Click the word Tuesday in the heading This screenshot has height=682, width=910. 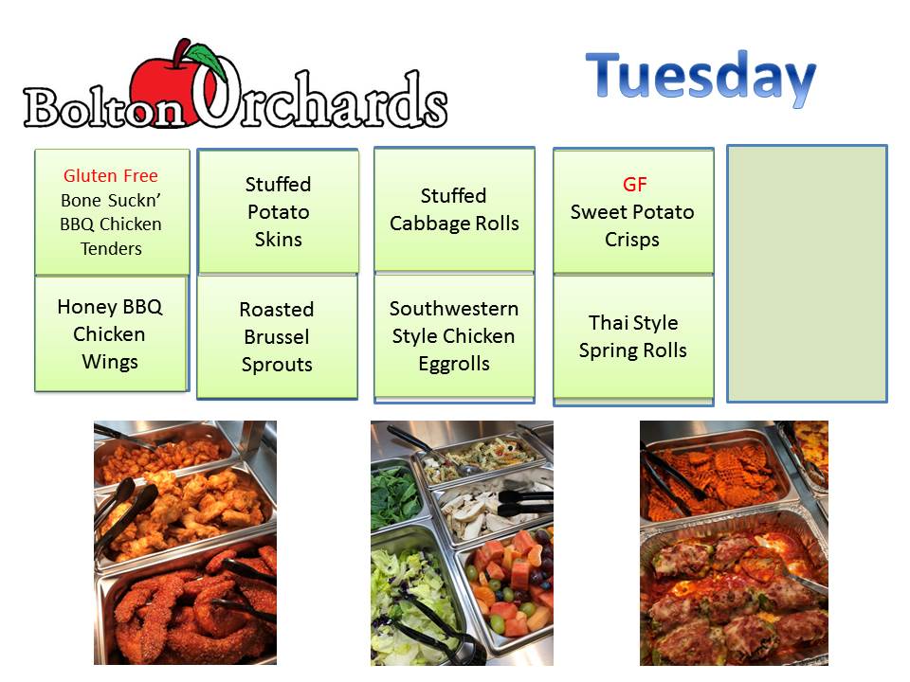click(701, 77)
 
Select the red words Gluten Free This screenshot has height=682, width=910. click(110, 175)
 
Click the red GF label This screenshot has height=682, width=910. click(634, 185)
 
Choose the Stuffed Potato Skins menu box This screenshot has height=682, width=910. click(278, 211)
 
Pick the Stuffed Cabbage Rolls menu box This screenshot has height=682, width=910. click(454, 209)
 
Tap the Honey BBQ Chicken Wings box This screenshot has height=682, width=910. click(111, 333)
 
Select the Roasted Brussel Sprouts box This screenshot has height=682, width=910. click(277, 336)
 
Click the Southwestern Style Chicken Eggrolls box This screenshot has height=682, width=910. click(454, 336)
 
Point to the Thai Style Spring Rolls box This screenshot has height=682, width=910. click(633, 337)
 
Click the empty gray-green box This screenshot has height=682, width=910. click(807, 273)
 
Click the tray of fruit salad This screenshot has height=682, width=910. click(506, 585)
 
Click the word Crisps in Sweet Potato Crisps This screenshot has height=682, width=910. click(631, 240)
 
